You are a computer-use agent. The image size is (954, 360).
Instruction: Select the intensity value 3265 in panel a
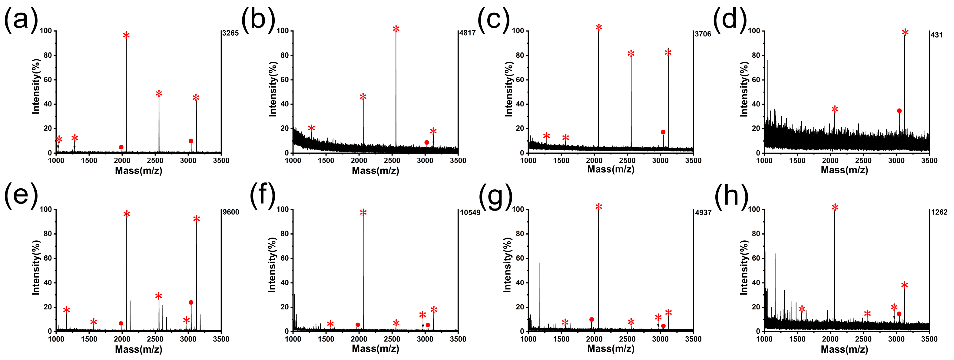pyautogui.click(x=230, y=33)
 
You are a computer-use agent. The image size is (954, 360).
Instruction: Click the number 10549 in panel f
pyautogui.click(x=470, y=213)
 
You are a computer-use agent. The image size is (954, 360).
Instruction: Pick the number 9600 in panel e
pyautogui.click(x=231, y=212)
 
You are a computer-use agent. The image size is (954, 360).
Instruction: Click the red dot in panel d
pyautogui.click(x=899, y=111)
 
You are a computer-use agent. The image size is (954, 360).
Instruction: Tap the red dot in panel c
pyautogui.click(x=663, y=132)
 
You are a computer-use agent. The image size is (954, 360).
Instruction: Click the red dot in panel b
pyautogui.click(x=427, y=143)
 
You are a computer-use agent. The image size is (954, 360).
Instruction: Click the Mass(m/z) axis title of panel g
pyautogui.click(x=611, y=348)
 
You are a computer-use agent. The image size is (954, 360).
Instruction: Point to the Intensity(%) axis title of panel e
pyautogui.click(x=35, y=267)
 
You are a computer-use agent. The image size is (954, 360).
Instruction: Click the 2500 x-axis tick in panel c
pyautogui.click(x=627, y=160)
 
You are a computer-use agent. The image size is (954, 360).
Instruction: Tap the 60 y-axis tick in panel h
pyautogui.click(x=756, y=258)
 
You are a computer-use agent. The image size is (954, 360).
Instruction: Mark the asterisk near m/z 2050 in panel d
pyautogui.click(x=835, y=109)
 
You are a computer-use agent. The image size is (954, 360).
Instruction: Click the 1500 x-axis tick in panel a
pyautogui.click(x=89, y=160)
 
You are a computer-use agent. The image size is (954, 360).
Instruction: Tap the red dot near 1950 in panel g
pyautogui.click(x=591, y=320)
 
